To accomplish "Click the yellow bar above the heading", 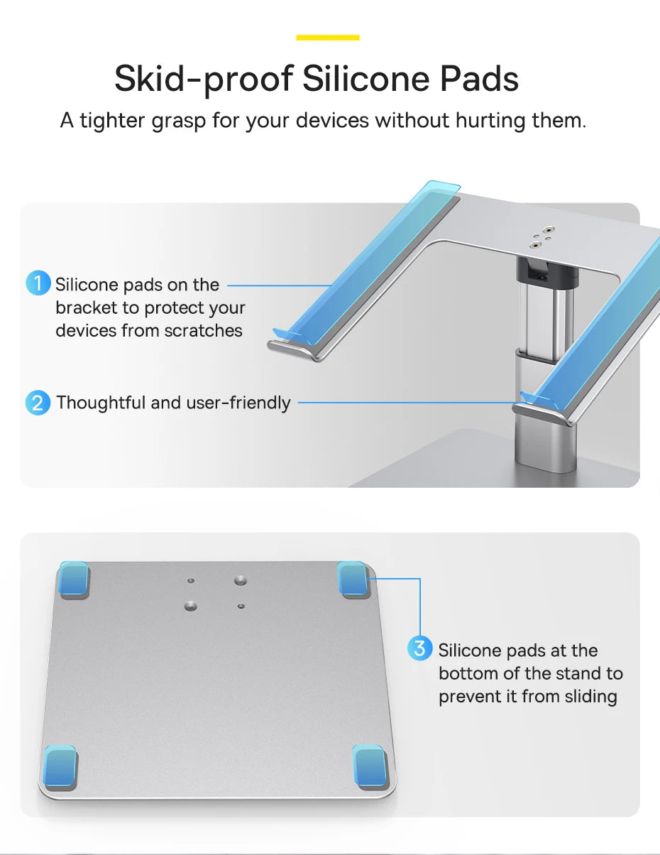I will point(328,37).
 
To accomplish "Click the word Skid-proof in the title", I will point(202,79).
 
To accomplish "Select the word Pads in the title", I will point(479,79).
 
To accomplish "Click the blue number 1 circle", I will point(38,283).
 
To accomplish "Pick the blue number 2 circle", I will point(38,403).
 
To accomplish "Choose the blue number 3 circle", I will point(420,648).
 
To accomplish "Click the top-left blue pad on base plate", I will point(74,579).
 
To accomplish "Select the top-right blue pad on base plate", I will point(353,579).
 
